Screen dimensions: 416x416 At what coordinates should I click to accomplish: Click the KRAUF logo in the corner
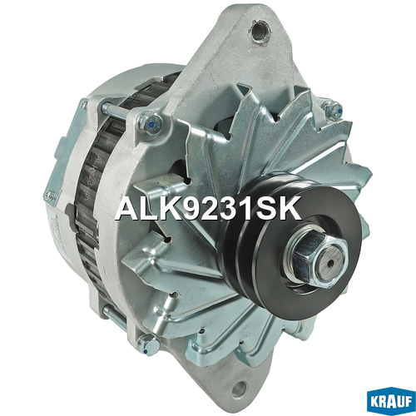pos(391,403)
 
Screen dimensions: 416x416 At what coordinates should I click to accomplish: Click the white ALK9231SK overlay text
pos(208,208)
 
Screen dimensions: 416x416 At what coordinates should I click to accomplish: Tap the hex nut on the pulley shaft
pos(317,257)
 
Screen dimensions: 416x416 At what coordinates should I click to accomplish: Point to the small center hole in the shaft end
pos(329,264)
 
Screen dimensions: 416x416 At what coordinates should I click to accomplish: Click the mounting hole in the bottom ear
pos(238,389)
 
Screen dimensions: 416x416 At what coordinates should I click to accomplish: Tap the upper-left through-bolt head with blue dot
pos(150,123)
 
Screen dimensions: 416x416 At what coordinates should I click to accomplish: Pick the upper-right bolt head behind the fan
pos(333,109)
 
